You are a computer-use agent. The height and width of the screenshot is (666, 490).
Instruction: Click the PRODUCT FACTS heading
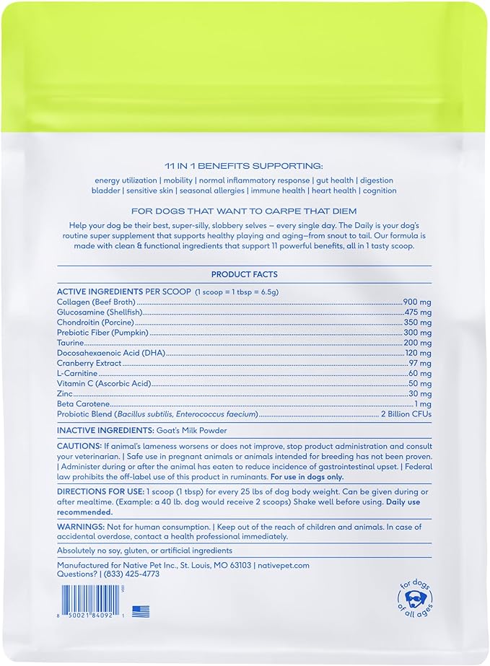tap(244, 274)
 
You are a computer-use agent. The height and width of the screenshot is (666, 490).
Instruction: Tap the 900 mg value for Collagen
tap(418, 302)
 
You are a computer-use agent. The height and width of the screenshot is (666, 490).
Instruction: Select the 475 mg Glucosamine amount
tap(418, 312)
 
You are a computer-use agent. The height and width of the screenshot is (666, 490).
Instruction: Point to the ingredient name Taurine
tap(71, 343)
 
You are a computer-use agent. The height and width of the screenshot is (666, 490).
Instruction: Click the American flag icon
tap(141, 612)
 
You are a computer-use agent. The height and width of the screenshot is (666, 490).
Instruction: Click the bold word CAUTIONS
tap(79, 447)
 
